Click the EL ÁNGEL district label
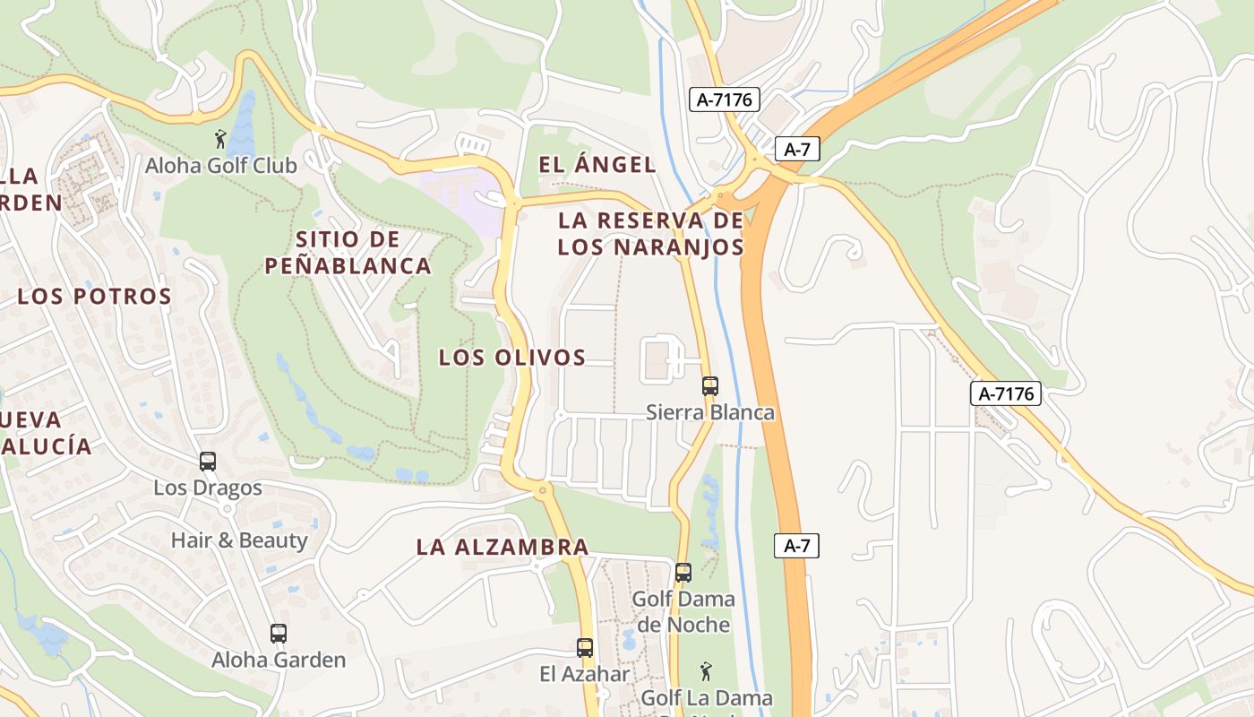pos(597,165)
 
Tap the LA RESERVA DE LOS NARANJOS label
pos(650,233)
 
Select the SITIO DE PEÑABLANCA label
pos(348,253)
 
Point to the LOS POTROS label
pos(94,297)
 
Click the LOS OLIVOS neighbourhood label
pos(511,358)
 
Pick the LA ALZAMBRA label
pos(502,547)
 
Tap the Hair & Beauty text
pos(239,540)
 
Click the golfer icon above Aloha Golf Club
pos(220,139)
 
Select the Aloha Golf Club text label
pos(221,166)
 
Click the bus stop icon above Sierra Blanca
pos(710,386)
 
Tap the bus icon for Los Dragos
pos(208,462)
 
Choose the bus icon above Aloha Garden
pos(279,634)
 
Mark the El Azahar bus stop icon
pos(585,647)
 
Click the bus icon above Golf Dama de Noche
pos(683,572)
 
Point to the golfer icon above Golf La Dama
pos(706,670)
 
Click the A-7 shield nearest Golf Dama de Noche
pos(796,545)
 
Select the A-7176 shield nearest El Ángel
pos(724,99)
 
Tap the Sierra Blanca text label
pos(710,413)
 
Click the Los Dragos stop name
pos(208,488)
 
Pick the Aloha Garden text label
pos(279,661)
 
